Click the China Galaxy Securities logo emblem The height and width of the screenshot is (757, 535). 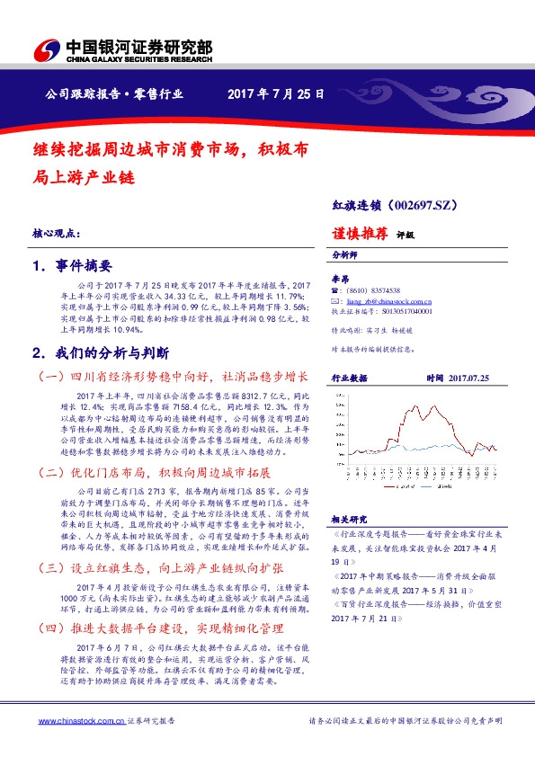[x=45, y=50]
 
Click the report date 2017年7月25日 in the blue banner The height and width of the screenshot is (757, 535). [x=275, y=94]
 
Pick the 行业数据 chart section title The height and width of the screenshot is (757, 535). [x=350, y=379]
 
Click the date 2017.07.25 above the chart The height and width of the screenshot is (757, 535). [x=468, y=379]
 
